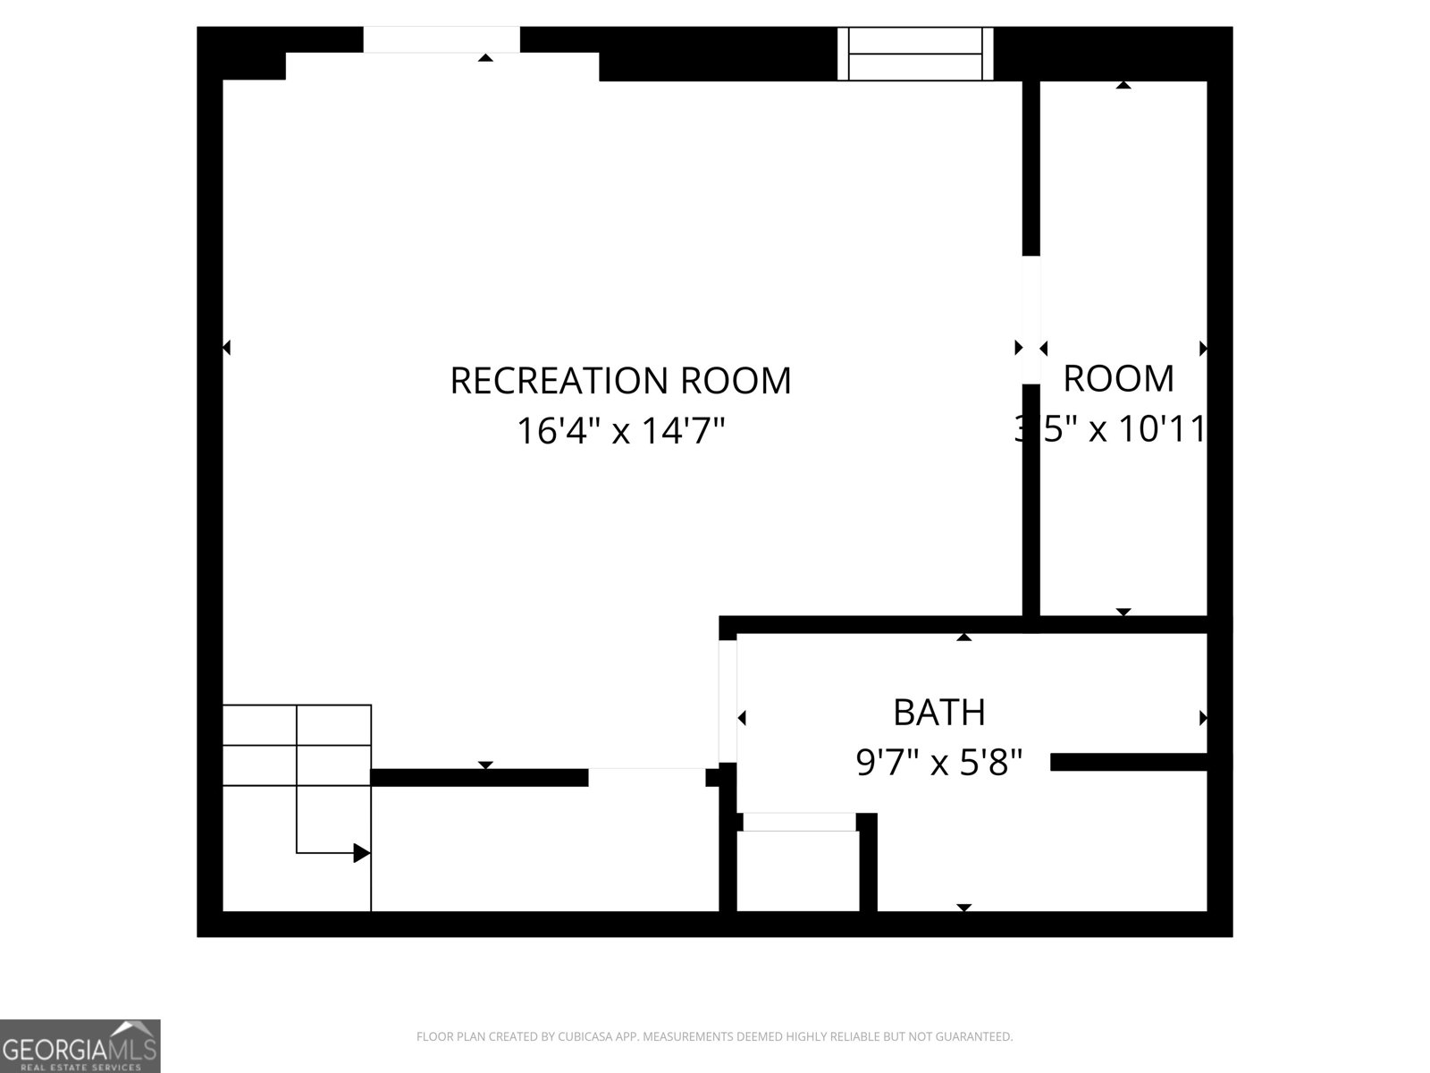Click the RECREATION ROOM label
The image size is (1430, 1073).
click(620, 380)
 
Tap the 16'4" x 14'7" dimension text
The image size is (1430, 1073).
click(620, 432)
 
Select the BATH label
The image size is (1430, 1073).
click(939, 713)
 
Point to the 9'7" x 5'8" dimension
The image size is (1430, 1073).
click(939, 764)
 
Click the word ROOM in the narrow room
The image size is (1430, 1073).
click(1118, 379)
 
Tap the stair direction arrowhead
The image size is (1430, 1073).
click(362, 853)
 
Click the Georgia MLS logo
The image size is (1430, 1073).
click(80, 1045)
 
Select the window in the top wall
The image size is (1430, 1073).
click(915, 54)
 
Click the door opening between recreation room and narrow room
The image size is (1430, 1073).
click(1031, 319)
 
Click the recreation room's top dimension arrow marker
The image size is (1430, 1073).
click(485, 58)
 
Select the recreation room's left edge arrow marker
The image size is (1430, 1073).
click(226, 347)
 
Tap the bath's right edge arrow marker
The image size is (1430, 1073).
click(1203, 718)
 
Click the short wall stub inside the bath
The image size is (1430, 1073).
click(1131, 762)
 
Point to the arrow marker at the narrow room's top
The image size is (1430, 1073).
click(1123, 85)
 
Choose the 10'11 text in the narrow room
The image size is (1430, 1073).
click(1166, 430)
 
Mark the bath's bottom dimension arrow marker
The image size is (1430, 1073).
click(963, 908)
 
